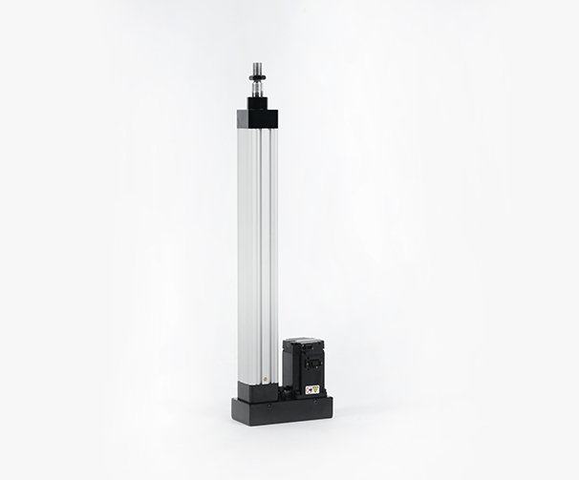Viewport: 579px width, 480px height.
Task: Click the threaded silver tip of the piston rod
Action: click(x=258, y=68)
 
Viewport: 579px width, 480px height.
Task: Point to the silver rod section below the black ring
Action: click(x=258, y=89)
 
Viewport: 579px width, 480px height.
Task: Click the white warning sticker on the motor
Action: click(x=311, y=389)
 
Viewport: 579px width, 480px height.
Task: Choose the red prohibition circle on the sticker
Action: click(x=308, y=389)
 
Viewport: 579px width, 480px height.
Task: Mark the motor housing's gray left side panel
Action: click(x=289, y=367)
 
